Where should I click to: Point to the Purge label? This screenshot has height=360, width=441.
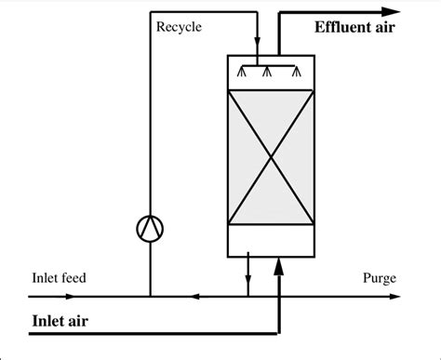(x=381, y=279)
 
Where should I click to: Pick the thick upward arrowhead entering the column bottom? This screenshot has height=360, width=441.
(x=277, y=267)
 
